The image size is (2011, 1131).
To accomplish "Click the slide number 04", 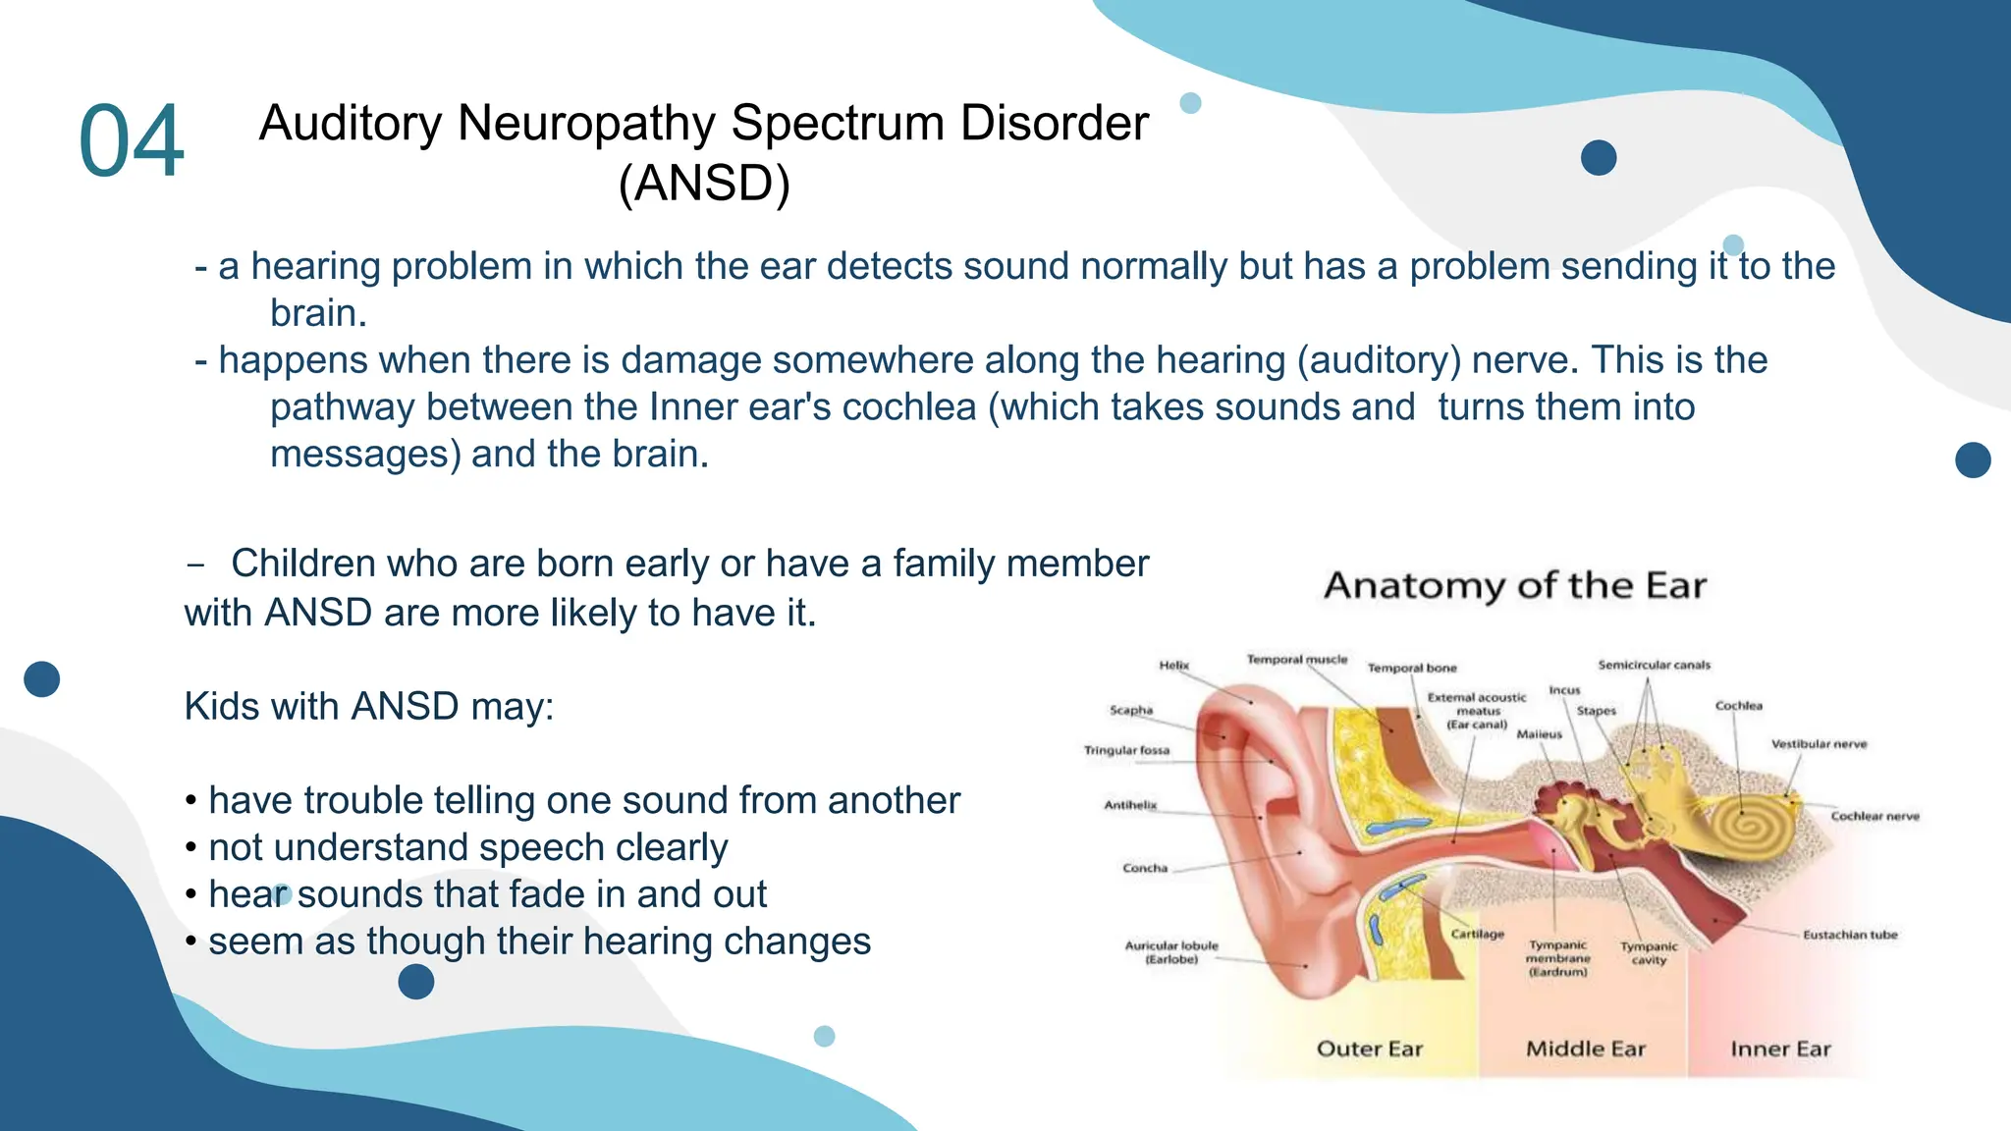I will (x=131, y=141).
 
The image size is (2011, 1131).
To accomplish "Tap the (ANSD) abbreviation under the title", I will (x=704, y=184).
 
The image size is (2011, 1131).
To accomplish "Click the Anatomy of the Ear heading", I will (x=1515, y=586).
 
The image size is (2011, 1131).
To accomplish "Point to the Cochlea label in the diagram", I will (x=1738, y=706).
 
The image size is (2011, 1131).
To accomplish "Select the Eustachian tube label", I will (x=1850, y=935).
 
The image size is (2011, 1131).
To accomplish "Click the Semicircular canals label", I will (x=1654, y=665).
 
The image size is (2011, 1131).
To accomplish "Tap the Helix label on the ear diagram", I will (x=1173, y=665).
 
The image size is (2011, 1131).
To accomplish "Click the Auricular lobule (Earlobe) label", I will (x=1171, y=952).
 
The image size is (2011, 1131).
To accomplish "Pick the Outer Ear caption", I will (x=1369, y=1049).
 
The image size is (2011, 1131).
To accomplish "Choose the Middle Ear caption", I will (x=1585, y=1049).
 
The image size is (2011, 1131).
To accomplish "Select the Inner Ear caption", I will (x=1780, y=1049).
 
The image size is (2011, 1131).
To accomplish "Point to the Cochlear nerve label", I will (x=1874, y=816).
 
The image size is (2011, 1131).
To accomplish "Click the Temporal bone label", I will (x=1412, y=668).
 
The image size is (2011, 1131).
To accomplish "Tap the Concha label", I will (x=1145, y=868).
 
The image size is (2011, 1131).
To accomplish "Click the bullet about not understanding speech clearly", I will (x=467, y=847).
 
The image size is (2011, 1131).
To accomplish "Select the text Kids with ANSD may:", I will (x=369, y=707).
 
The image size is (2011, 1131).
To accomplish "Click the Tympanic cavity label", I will (x=1649, y=953).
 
